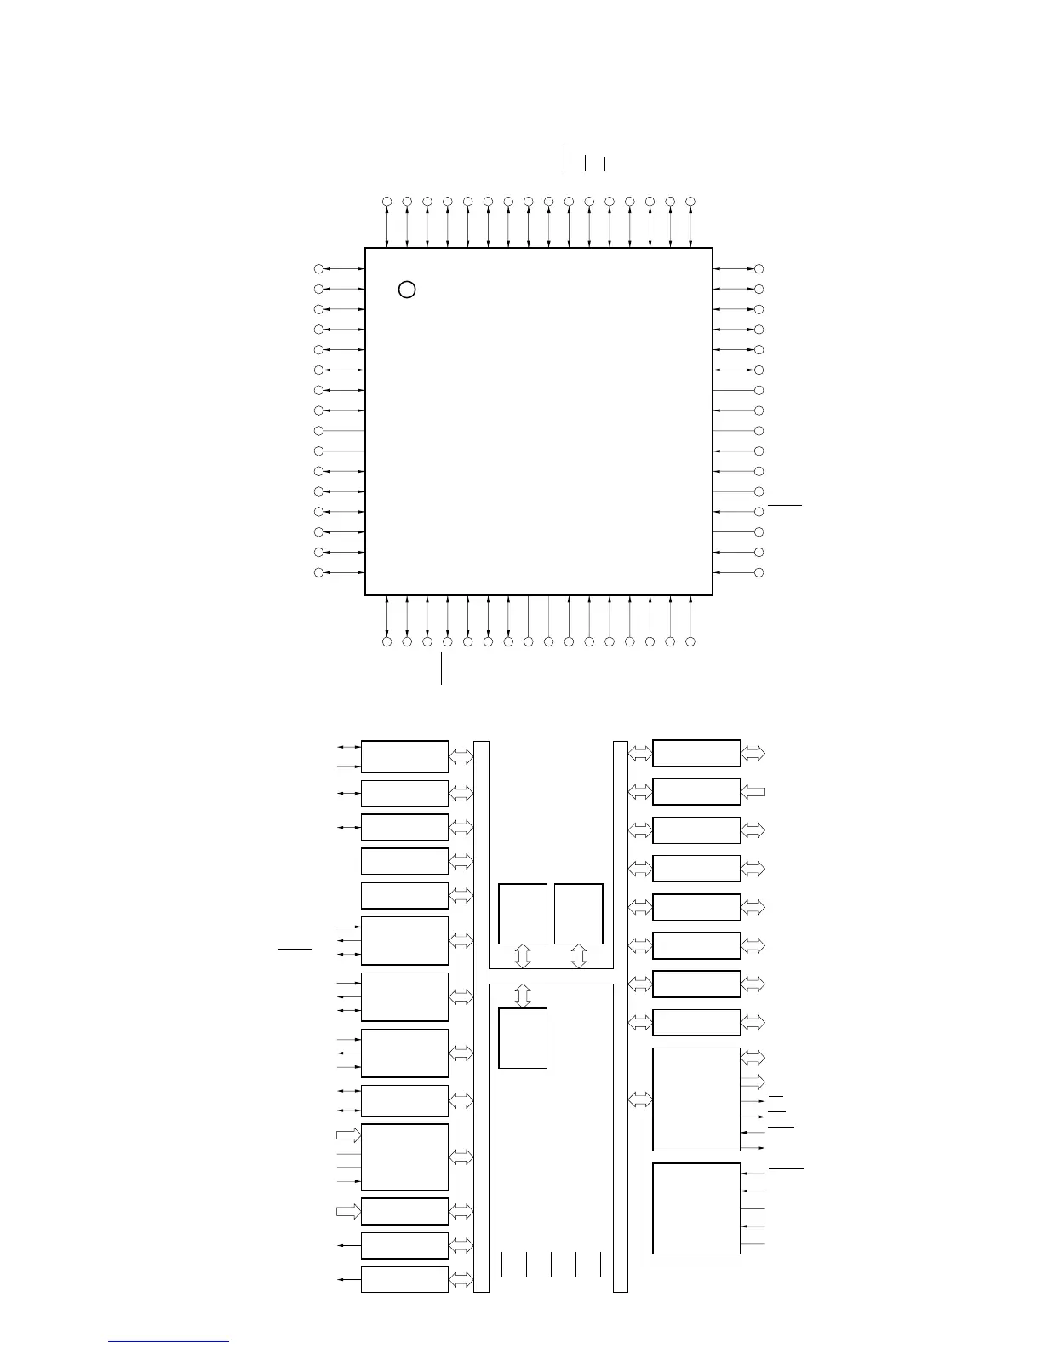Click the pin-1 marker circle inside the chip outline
(407, 290)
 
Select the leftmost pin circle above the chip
(386, 201)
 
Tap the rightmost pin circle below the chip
(690, 641)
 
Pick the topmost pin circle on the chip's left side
(318, 269)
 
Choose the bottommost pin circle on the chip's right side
(759, 573)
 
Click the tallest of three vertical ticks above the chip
(564, 158)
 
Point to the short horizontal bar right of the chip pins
(785, 505)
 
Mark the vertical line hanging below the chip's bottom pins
(442, 669)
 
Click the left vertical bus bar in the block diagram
(481, 1016)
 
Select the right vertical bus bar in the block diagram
(621, 1016)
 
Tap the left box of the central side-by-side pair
(523, 914)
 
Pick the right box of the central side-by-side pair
(579, 914)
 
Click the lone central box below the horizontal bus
(523, 1038)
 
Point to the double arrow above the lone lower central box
(523, 996)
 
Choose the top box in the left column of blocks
(405, 756)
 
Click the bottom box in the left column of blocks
(405, 1279)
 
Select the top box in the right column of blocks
(696, 754)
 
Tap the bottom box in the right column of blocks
(696, 1208)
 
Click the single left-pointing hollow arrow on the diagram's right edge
(753, 792)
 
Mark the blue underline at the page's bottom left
(169, 1342)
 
